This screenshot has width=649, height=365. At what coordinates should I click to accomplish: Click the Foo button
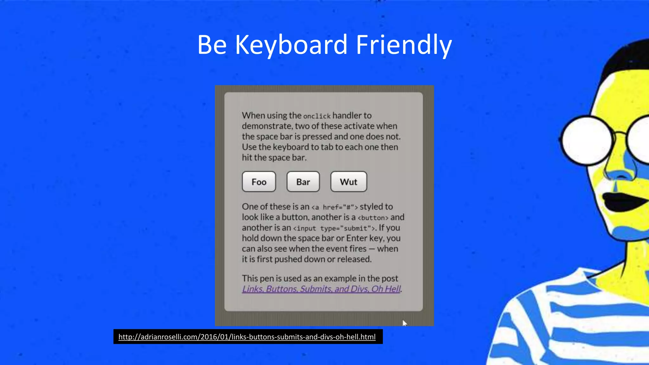point(259,182)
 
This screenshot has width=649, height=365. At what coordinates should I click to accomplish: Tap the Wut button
point(348,182)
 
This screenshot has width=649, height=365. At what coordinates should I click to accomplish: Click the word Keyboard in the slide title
point(291,45)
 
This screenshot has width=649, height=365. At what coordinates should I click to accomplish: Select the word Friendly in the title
point(404,45)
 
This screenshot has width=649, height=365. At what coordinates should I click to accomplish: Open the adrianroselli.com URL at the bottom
point(247,337)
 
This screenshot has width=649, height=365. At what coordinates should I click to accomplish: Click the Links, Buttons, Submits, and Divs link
point(321,289)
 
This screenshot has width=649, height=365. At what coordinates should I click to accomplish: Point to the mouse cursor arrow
point(404,323)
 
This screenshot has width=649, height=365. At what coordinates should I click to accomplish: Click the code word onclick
point(317,116)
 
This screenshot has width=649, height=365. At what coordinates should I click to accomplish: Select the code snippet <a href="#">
point(335,207)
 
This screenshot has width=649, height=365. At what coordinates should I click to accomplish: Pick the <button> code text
point(373,218)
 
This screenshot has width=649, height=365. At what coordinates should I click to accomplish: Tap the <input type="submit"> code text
point(334,228)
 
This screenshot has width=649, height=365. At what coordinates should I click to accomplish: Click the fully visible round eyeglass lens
point(588,140)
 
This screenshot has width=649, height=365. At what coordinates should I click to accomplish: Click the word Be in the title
point(212,45)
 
